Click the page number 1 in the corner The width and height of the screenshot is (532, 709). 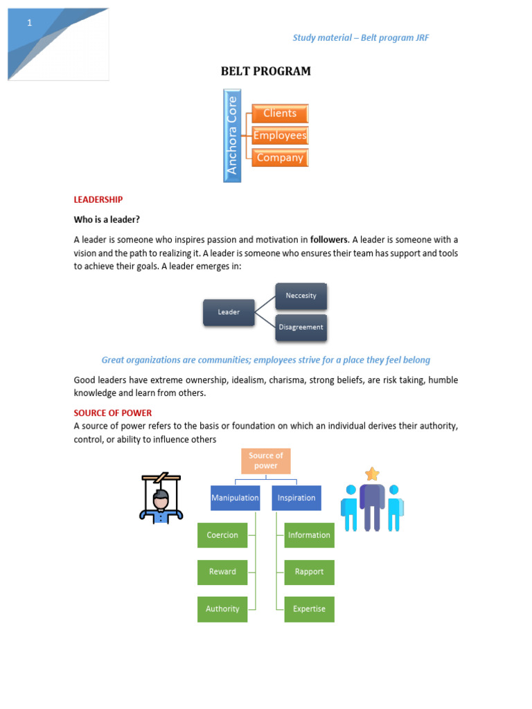pyautogui.click(x=29, y=24)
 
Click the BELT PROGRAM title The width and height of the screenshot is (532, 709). pyautogui.click(x=265, y=71)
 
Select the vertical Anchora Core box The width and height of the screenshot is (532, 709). pyautogui.click(x=232, y=136)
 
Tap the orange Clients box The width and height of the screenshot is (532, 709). pyautogui.click(x=280, y=114)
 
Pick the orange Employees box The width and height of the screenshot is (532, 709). pyautogui.click(x=280, y=136)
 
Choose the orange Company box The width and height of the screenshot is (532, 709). pyautogui.click(x=280, y=158)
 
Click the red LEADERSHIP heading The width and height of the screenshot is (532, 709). pyautogui.click(x=98, y=199)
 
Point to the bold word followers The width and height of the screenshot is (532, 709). pyautogui.click(x=329, y=240)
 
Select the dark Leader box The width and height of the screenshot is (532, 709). pyautogui.click(x=229, y=312)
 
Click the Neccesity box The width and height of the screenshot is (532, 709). pyautogui.click(x=301, y=296)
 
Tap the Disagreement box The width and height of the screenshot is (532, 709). pyautogui.click(x=301, y=327)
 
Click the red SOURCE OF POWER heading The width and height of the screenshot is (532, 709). pyautogui.click(x=113, y=413)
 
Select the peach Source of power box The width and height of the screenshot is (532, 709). pyautogui.click(x=265, y=461)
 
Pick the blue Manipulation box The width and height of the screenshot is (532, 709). pyautogui.click(x=235, y=498)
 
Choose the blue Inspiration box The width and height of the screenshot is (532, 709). pyautogui.click(x=296, y=498)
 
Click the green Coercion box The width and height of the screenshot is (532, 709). pyautogui.click(x=222, y=535)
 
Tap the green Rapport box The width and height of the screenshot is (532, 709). pyautogui.click(x=309, y=572)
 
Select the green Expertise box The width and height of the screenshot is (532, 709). pyautogui.click(x=309, y=609)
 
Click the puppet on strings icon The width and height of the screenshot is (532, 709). pyautogui.click(x=161, y=499)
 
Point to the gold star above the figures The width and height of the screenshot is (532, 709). pyautogui.click(x=373, y=474)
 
